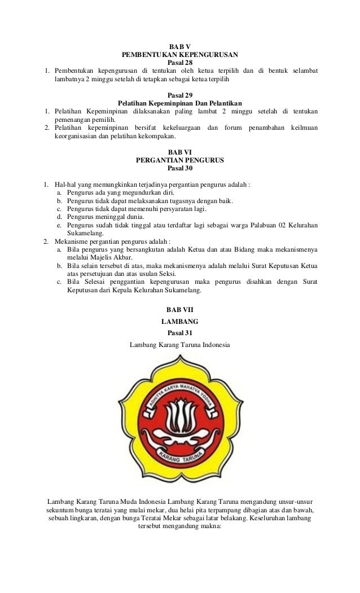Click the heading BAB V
point(180,47)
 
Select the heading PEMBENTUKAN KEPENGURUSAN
point(180,55)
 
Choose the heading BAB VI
point(180,152)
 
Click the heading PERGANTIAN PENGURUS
point(180,160)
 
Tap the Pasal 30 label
point(180,168)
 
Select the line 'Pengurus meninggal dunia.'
point(106,216)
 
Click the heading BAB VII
point(180,310)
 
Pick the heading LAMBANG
point(180,322)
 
